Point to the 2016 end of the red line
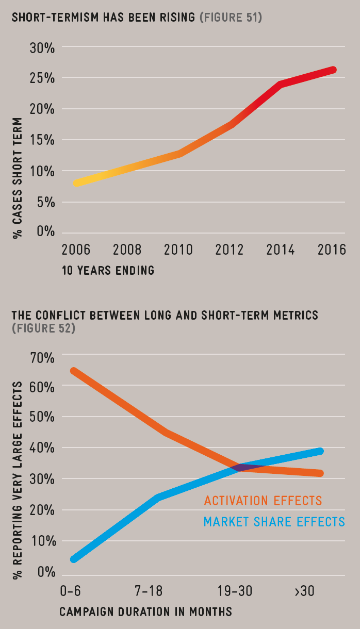click(x=333, y=70)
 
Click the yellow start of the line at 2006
click(x=76, y=183)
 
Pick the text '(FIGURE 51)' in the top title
click(x=231, y=18)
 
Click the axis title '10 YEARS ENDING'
click(x=108, y=270)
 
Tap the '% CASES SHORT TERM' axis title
click(x=18, y=177)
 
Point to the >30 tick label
click(x=304, y=591)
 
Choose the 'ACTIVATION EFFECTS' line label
click(x=263, y=501)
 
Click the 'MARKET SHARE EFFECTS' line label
click(x=274, y=522)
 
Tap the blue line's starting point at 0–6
click(x=74, y=559)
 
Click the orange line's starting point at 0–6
click(x=74, y=371)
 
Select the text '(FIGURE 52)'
click(x=43, y=328)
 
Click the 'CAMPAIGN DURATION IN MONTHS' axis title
click(x=146, y=612)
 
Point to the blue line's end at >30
click(x=320, y=451)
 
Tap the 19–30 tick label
click(x=235, y=591)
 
